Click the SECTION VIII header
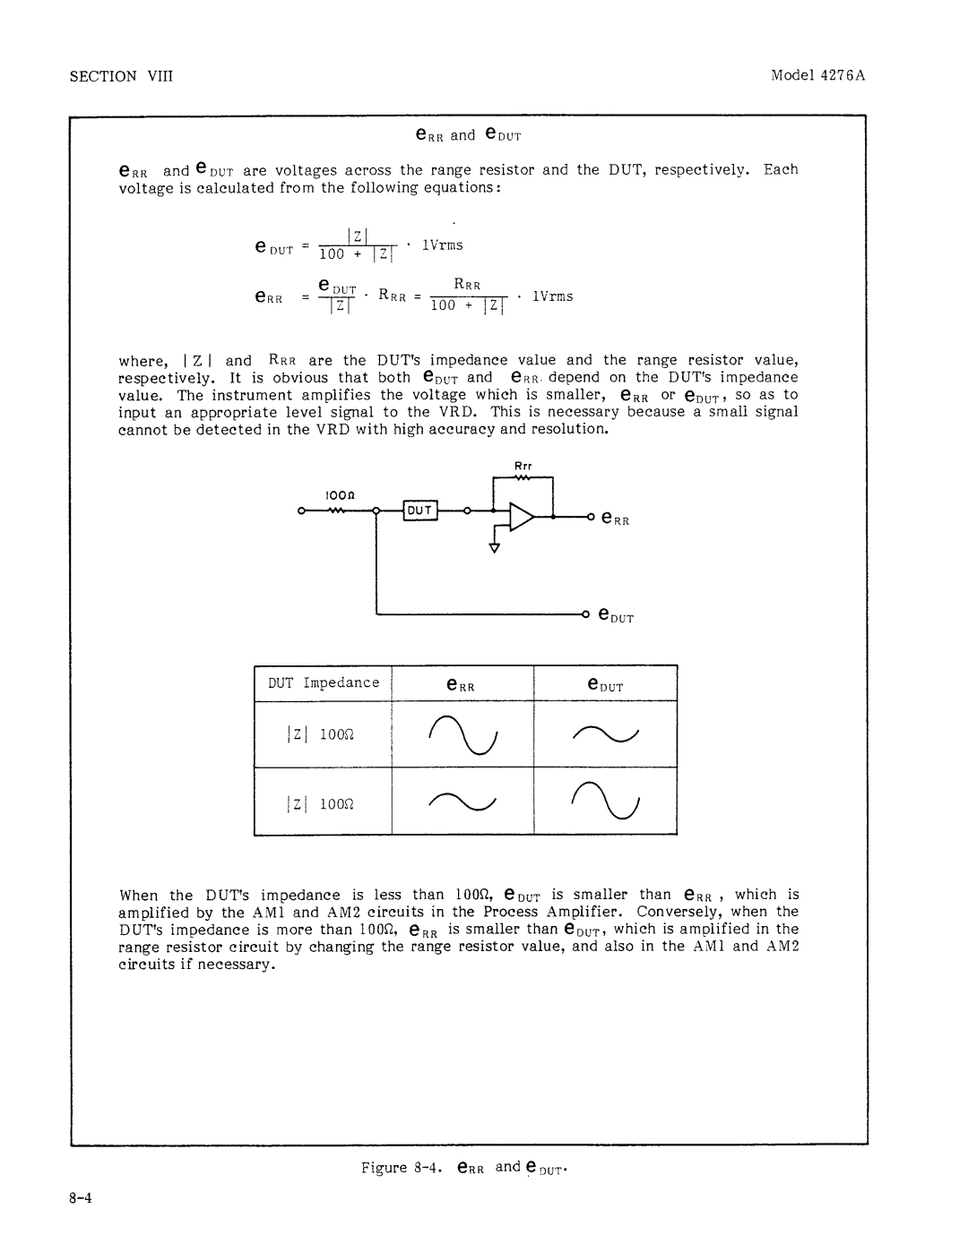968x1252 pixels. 121,76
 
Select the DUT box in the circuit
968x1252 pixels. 420,510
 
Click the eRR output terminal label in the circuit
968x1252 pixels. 616,519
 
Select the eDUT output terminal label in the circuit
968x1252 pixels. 617,617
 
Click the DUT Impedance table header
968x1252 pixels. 324,682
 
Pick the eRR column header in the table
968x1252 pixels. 460,686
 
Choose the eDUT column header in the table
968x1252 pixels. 605,685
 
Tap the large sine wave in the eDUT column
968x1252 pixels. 605,802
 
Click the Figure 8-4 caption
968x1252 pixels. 467,1168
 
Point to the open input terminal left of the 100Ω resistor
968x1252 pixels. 304,512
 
